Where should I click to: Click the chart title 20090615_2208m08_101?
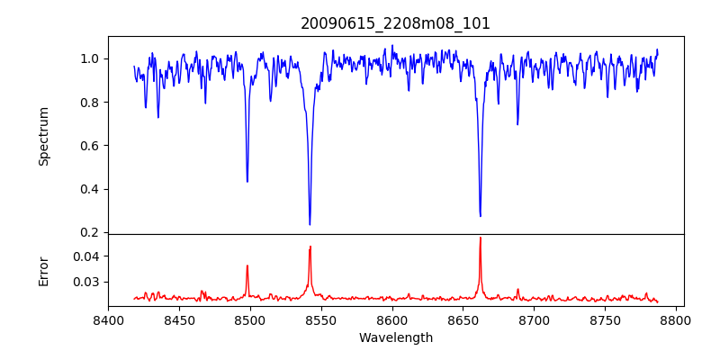395,23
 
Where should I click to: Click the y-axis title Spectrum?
43,136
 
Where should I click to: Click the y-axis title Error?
43,270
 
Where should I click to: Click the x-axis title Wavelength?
395,338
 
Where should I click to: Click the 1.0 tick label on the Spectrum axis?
91,58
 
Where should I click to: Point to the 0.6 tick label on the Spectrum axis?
91,146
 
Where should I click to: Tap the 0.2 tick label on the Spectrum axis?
91,232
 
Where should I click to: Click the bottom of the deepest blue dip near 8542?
310,224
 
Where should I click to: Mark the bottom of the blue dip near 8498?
247,181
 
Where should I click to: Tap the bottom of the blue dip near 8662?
480,216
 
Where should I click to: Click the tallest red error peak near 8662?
480,238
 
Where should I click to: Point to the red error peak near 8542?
310,247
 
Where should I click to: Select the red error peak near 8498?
247,265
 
